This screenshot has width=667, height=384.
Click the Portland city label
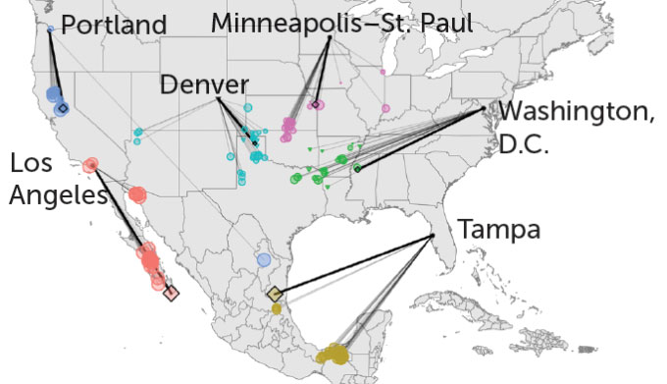[114, 25]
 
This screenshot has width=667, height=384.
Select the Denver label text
[204, 85]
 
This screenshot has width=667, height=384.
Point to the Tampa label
[498, 231]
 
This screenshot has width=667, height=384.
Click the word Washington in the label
[576, 114]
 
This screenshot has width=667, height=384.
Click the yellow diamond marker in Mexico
[275, 293]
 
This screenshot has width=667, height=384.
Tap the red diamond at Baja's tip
[172, 292]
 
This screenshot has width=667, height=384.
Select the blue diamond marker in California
[62, 108]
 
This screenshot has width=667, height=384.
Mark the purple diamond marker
[317, 104]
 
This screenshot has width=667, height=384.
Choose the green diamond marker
[357, 169]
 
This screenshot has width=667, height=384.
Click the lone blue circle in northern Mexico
[263, 259]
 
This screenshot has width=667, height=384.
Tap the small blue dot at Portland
[50, 29]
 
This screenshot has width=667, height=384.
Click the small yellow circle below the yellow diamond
[277, 309]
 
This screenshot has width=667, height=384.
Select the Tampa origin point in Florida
[433, 237]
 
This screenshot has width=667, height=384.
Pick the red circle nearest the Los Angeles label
[91, 165]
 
